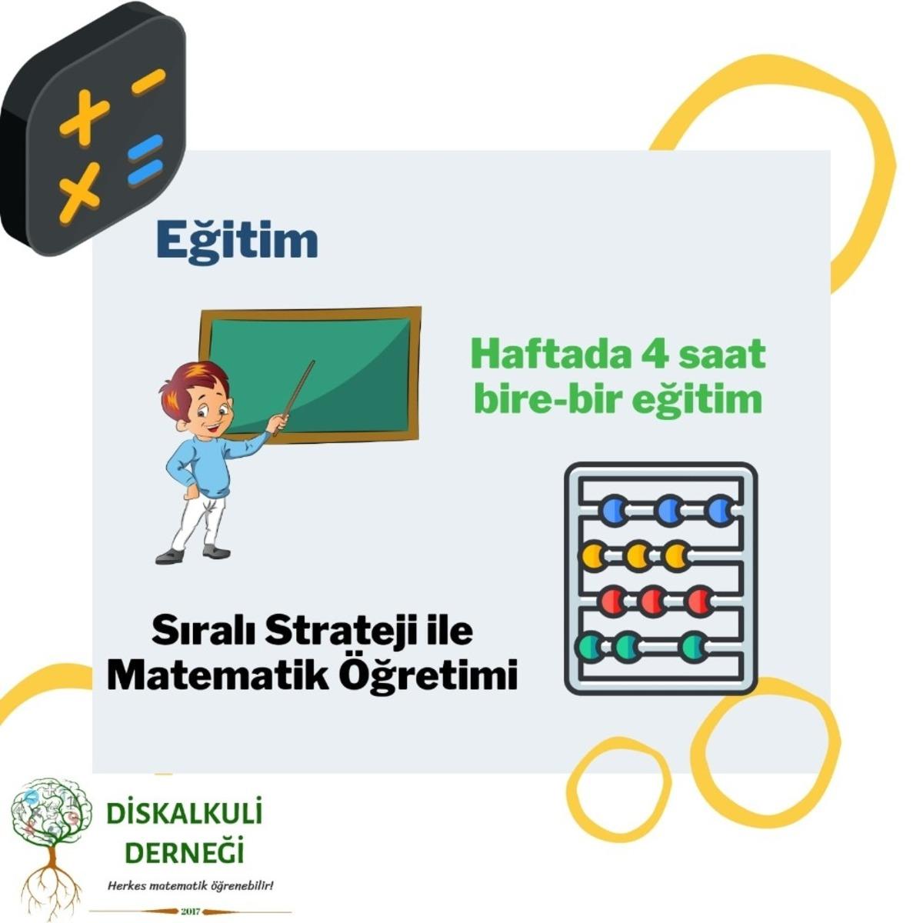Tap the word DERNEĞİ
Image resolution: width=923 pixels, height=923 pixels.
tap(185, 852)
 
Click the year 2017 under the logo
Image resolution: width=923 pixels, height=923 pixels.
tap(190, 911)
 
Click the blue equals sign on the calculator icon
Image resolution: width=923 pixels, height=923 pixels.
tap(145, 160)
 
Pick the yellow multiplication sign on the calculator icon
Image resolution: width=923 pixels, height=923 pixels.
tap(79, 194)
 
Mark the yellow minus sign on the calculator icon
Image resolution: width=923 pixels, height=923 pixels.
tap(148, 82)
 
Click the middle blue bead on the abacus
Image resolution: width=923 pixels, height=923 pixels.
tap(669, 509)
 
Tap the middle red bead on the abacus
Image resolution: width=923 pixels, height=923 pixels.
tap(653, 601)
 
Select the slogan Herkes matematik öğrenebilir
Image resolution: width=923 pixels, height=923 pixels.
tap(191, 886)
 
